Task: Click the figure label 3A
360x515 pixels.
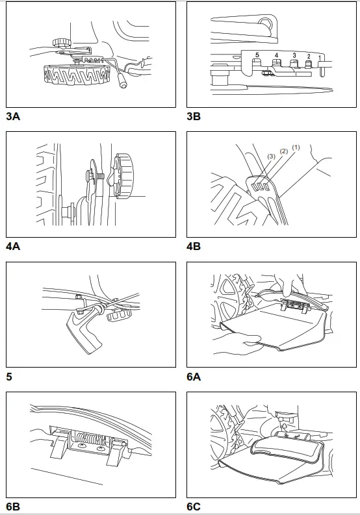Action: [x=13, y=116]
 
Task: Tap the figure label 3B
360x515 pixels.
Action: [x=193, y=116]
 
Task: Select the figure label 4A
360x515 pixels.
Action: [x=13, y=246]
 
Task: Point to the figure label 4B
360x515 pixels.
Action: [x=193, y=246]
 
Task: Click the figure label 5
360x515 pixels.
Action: [x=9, y=377]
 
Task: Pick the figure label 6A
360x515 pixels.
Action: [x=193, y=377]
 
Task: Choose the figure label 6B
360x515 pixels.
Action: [x=13, y=507]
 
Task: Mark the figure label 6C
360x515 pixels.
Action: [x=193, y=507]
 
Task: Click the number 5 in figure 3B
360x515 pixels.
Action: [x=257, y=55]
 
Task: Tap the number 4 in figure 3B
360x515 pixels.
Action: [x=276, y=55]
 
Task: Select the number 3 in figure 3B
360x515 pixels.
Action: [x=294, y=55]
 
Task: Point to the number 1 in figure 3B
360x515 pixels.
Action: [x=320, y=58]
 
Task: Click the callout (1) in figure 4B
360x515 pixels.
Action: [x=296, y=148]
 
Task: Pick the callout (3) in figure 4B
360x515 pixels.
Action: [x=271, y=157]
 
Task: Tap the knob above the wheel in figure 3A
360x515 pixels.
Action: [x=61, y=42]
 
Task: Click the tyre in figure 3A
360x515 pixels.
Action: [x=76, y=75]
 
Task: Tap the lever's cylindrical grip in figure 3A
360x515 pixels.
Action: [x=123, y=81]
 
